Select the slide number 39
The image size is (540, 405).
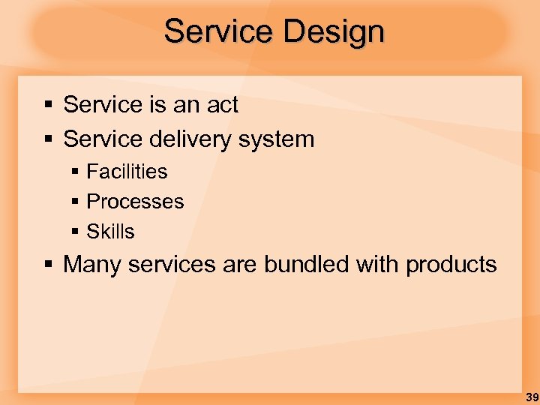point(531,397)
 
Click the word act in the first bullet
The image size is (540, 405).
point(222,105)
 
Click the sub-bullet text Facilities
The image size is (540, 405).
point(127,172)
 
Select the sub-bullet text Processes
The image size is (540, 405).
point(135,202)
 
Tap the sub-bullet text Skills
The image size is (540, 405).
point(110,232)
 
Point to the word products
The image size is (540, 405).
point(451,265)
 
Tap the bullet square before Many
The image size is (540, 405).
point(49,265)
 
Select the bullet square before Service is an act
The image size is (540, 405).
point(49,106)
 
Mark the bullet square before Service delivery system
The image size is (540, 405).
point(49,140)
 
